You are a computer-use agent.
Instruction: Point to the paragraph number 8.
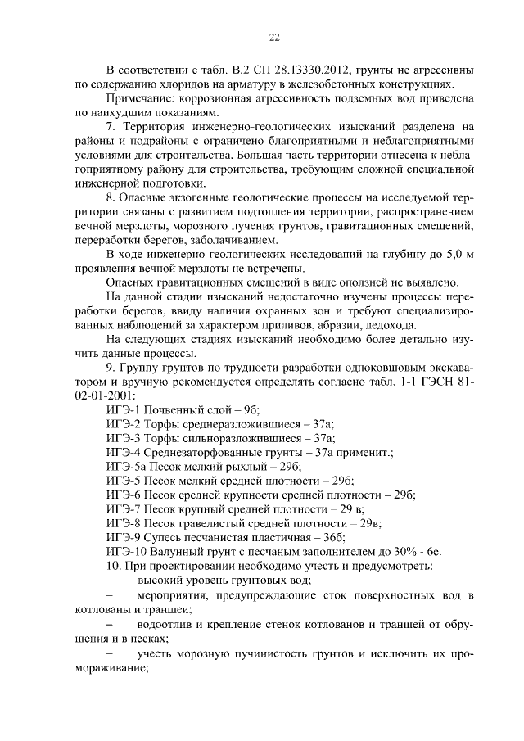pos(111,197)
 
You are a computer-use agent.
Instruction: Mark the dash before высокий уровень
pos(109,581)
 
